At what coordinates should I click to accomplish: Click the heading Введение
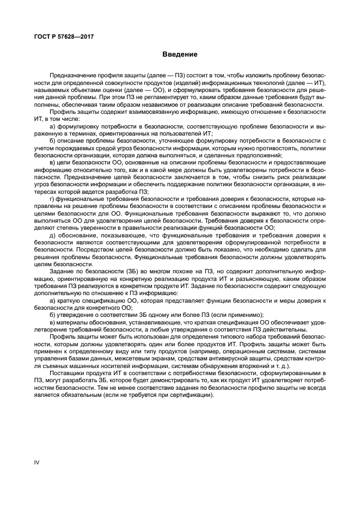[x=180, y=55]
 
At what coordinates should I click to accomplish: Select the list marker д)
[x=52, y=234]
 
